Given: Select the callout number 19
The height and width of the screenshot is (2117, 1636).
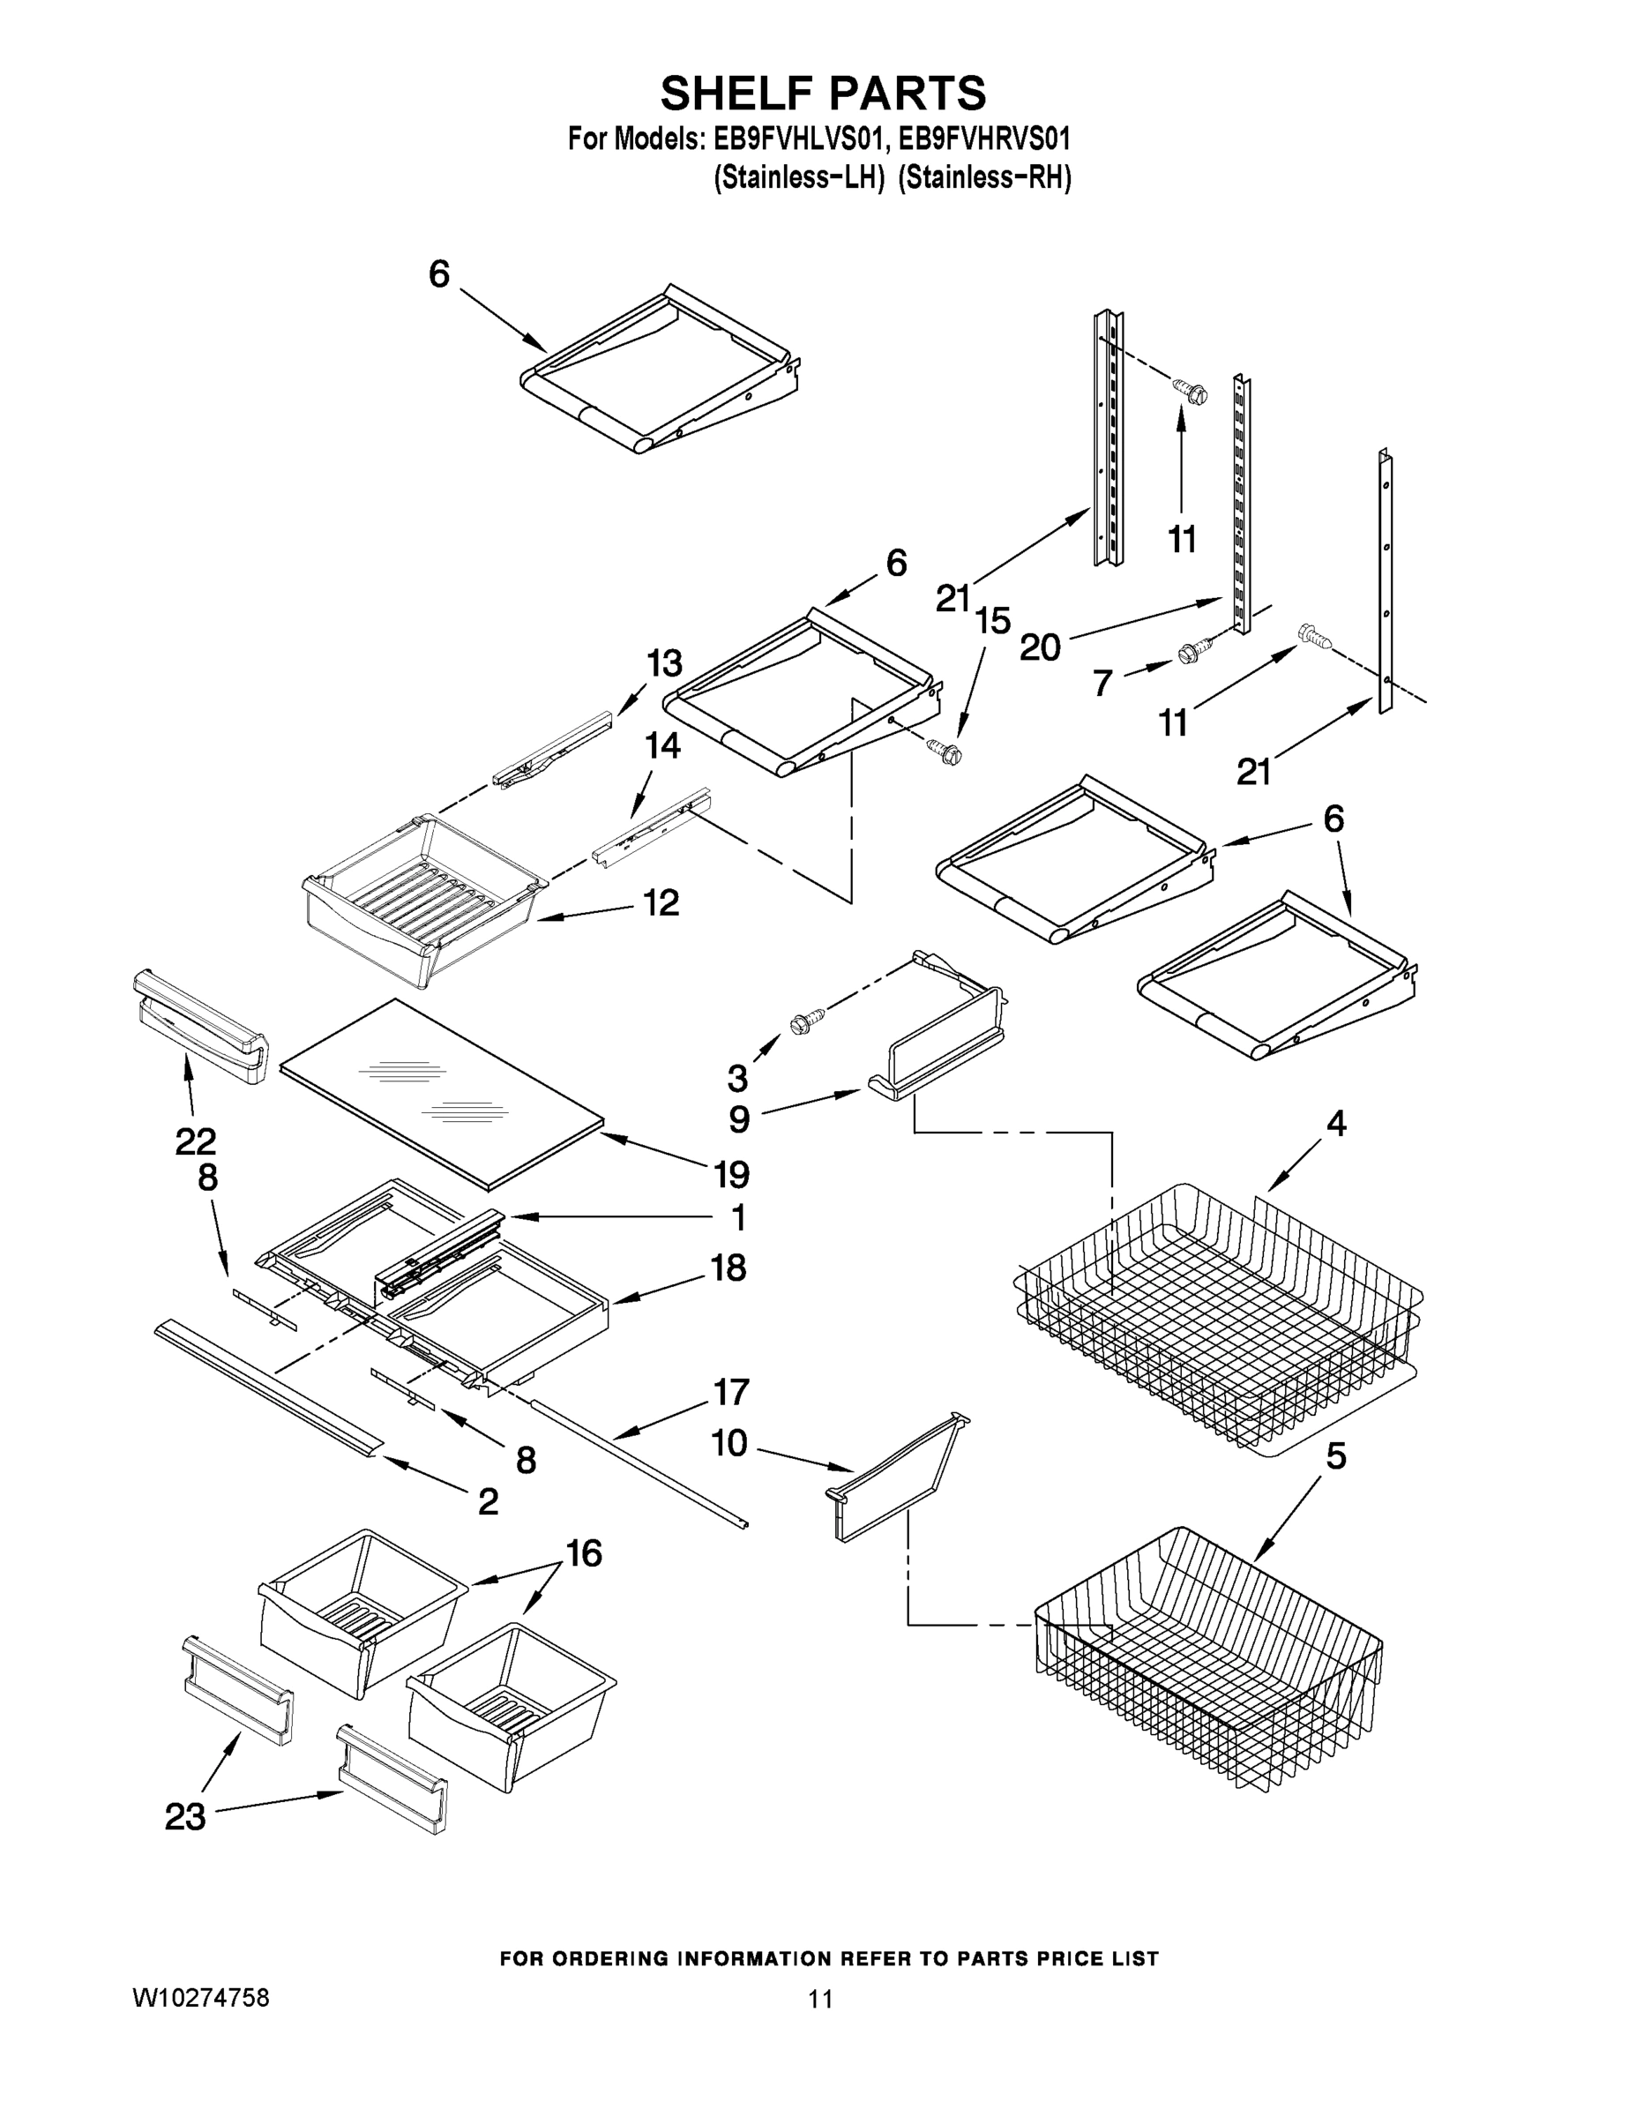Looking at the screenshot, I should (x=732, y=1175).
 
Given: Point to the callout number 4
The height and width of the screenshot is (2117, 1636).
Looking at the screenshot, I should (x=1336, y=1124).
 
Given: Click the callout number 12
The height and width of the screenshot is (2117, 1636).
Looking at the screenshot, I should (x=662, y=902).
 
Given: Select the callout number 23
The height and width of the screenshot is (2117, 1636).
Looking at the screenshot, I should (x=185, y=1816).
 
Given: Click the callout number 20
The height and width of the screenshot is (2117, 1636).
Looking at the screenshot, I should (x=1040, y=647).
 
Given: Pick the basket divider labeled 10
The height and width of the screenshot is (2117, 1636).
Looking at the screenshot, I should (x=897, y=1480).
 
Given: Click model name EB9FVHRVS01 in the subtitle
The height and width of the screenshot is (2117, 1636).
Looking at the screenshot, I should (x=985, y=138).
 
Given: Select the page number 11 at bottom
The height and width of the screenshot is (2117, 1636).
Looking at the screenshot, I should (x=820, y=1999).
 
